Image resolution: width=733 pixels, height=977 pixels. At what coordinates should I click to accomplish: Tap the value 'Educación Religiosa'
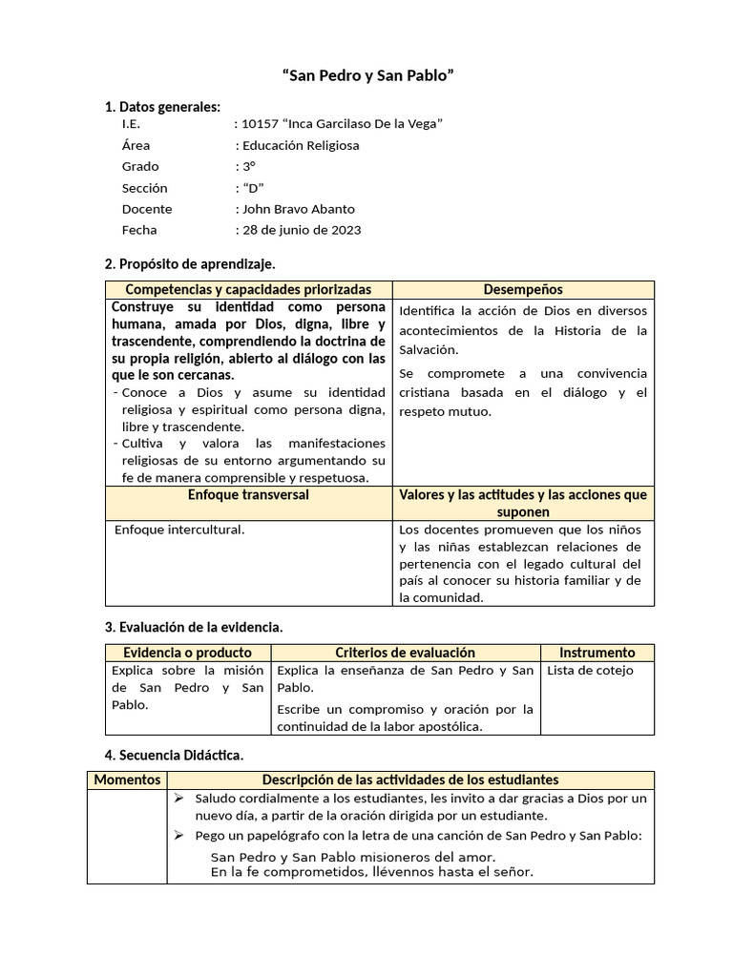coord(301,145)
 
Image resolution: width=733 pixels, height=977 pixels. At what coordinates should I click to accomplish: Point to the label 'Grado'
coord(140,166)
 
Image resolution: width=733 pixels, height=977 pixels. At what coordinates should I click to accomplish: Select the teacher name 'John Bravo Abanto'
coord(299,209)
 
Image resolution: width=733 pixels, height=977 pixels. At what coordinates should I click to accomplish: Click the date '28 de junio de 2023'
coord(303,230)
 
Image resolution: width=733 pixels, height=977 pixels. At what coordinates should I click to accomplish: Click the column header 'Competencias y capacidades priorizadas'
coord(248,289)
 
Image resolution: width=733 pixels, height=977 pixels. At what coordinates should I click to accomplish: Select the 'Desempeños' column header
coord(523,289)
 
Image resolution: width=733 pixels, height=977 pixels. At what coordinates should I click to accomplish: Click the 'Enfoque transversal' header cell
coord(248,495)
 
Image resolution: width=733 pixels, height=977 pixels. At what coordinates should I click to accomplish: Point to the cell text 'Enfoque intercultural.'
coord(179,529)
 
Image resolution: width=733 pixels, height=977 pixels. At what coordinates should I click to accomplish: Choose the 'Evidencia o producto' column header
coord(188,653)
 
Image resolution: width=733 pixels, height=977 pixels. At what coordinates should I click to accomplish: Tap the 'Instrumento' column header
coord(597,653)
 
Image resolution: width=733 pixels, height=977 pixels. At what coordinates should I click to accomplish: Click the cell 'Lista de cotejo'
coord(590,671)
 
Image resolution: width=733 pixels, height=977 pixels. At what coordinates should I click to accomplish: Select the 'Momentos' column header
coord(127,780)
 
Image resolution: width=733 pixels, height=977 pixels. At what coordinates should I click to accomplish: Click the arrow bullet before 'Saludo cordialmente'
coord(178,799)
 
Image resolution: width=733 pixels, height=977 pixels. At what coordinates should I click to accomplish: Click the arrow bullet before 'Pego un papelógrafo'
coord(178,836)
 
